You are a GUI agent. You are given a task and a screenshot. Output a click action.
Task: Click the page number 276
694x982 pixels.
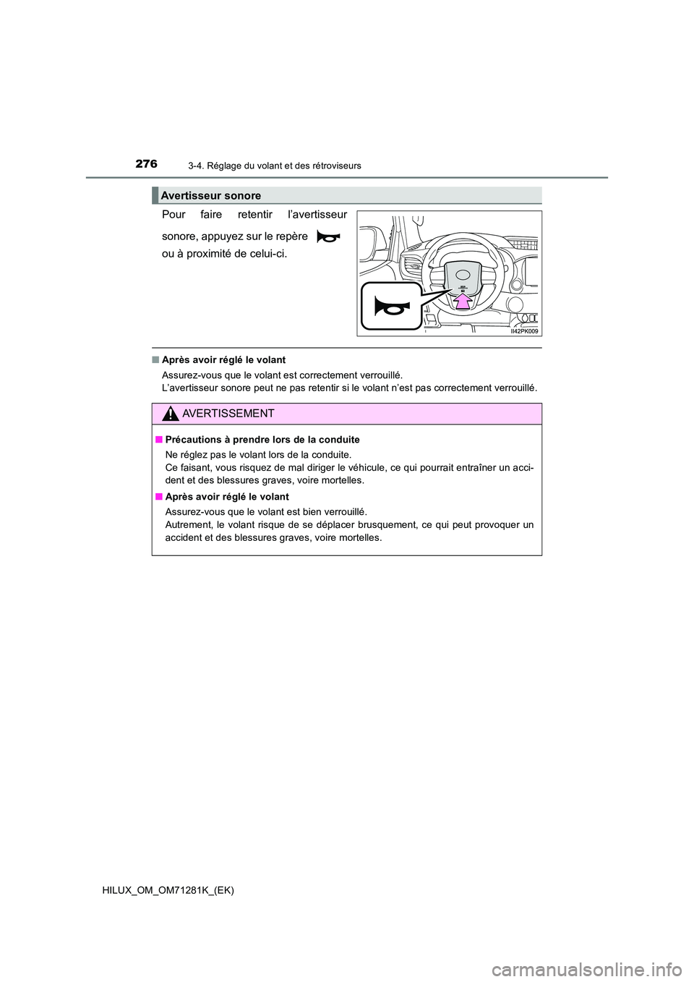click(146, 164)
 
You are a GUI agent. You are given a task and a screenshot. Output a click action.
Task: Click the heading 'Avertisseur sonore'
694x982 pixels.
click(211, 195)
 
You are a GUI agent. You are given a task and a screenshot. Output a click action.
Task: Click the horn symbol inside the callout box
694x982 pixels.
click(390, 306)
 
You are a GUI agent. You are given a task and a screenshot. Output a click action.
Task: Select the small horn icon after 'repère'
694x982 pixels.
click(328, 236)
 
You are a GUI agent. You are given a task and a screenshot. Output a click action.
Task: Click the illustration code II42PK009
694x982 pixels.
click(524, 331)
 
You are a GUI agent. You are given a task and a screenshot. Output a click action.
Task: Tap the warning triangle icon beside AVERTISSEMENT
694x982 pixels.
click(171, 414)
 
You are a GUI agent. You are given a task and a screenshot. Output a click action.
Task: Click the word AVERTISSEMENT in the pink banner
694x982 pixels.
click(228, 414)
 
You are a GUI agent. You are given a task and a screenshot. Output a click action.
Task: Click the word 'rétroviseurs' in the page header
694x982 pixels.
click(335, 166)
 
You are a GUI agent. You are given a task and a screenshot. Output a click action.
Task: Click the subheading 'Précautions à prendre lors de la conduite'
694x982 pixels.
click(262, 440)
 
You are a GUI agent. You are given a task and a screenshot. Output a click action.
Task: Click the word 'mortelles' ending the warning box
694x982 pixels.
click(360, 537)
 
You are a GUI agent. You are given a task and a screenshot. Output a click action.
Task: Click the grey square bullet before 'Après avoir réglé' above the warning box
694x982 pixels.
click(155, 360)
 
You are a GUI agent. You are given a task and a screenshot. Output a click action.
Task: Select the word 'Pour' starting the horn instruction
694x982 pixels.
click(173, 215)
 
